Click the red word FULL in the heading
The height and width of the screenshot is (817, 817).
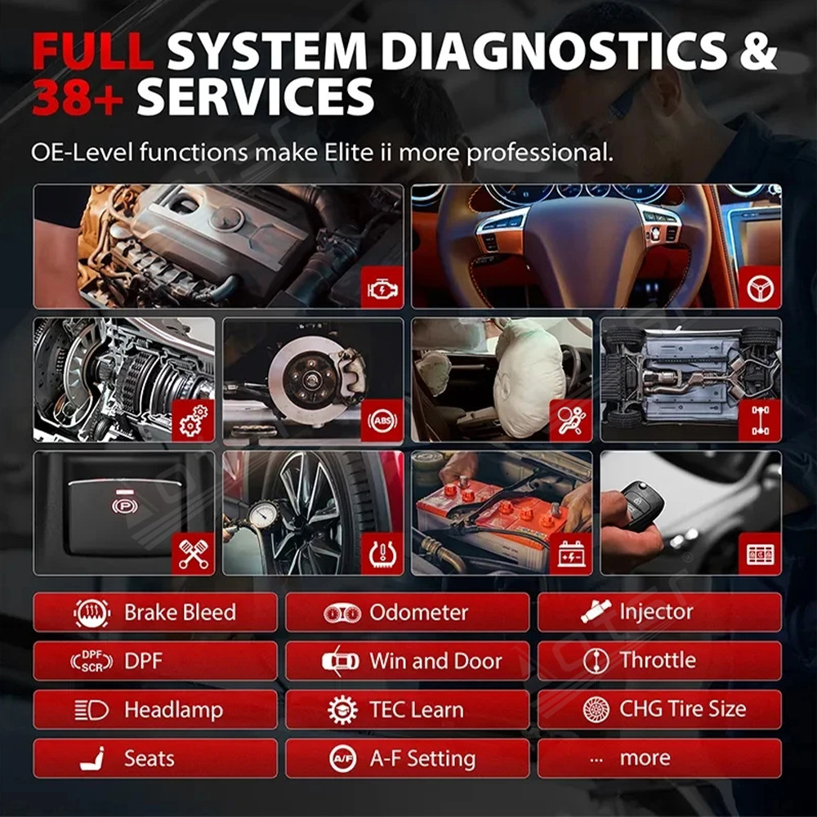(x=92, y=51)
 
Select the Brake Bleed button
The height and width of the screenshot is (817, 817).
(x=155, y=613)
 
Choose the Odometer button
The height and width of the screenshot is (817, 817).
(x=407, y=613)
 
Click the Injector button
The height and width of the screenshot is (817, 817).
(x=659, y=613)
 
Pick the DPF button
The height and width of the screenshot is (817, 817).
(x=155, y=661)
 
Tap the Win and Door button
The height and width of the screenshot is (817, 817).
(x=407, y=661)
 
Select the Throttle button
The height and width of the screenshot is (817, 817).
(x=659, y=661)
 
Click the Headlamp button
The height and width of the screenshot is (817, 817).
(x=155, y=710)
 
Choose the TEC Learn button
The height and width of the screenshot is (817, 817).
(x=407, y=710)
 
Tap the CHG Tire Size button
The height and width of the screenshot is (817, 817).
(x=659, y=710)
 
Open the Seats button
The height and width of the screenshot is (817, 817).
(x=155, y=758)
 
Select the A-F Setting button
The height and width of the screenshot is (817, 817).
(x=407, y=758)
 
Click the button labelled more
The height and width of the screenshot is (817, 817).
(x=659, y=758)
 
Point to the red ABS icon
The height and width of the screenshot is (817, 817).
(x=382, y=422)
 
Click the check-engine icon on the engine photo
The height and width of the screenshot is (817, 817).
(x=382, y=288)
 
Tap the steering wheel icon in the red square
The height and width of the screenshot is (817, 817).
(x=760, y=288)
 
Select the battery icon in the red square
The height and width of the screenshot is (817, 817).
(x=571, y=555)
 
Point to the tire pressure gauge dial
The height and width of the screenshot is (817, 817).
(x=263, y=516)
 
